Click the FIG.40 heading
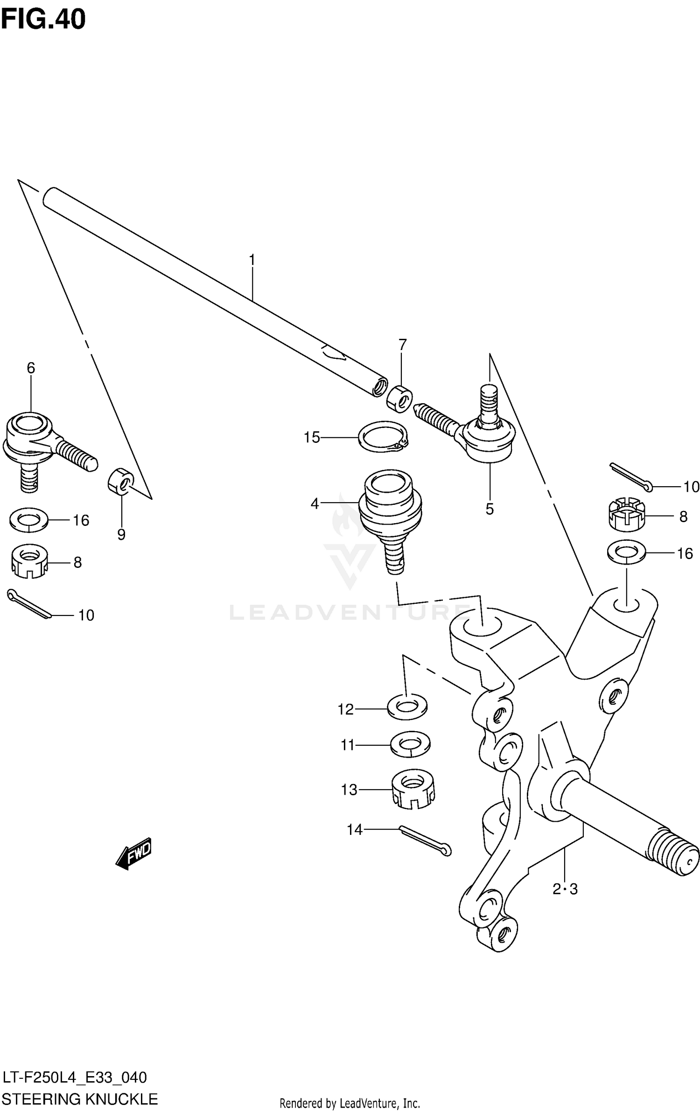pos(43,20)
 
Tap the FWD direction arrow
pos(134,853)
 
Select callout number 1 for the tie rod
pos(252,260)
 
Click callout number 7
pos(402,344)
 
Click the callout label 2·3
pos(565,889)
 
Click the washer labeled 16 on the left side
pos(28,519)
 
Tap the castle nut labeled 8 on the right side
pos(626,514)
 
